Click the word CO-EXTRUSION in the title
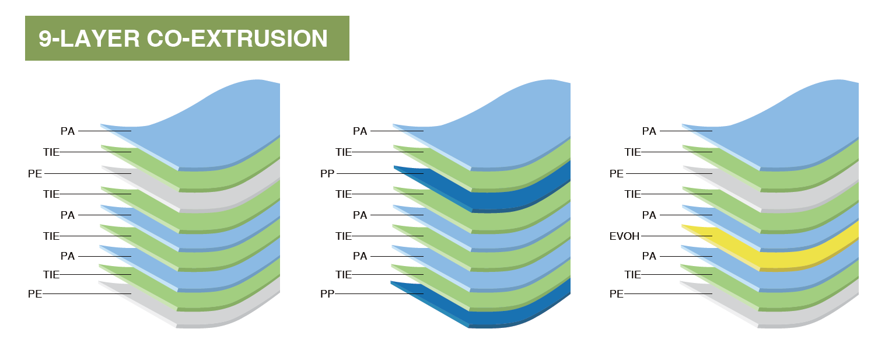237,39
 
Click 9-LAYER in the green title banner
89,39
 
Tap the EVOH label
624,236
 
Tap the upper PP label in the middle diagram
327,173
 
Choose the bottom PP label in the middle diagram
327,293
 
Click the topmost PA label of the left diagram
68,131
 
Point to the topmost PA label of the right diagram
649,131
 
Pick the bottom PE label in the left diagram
35,293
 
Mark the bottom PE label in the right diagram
617,293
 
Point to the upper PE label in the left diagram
35,173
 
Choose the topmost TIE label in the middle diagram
344,152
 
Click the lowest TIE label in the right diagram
632,274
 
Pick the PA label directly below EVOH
649,256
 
